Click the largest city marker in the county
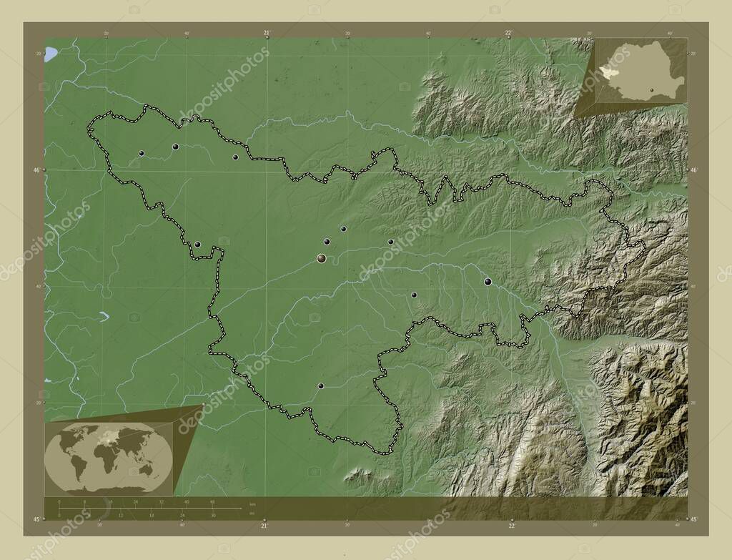(x=322, y=259)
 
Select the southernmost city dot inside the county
(x=321, y=386)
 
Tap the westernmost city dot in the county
(x=142, y=153)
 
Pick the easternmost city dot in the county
(x=488, y=282)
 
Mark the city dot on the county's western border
(x=197, y=245)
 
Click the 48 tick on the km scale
(x=212, y=503)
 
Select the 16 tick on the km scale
(x=110, y=503)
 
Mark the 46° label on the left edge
(x=38, y=170)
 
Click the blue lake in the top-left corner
(x=51, y=54)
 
